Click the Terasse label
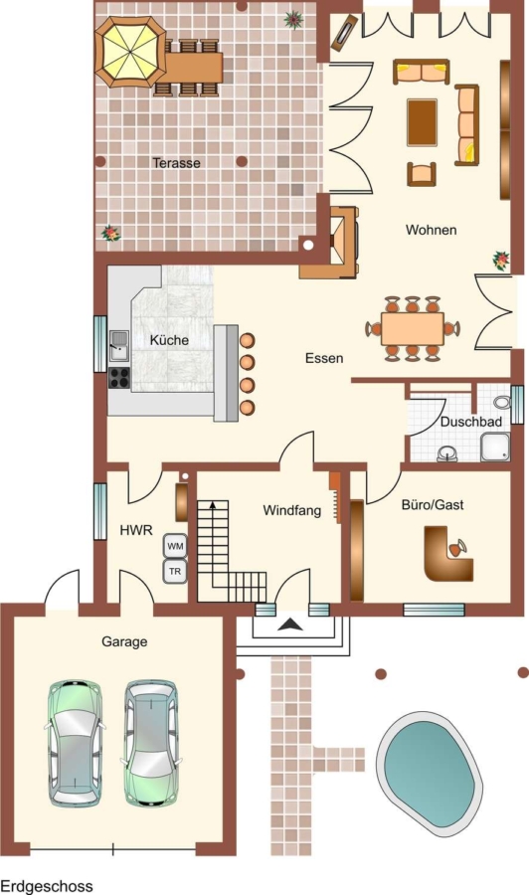[x=176, y=163]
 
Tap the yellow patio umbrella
[x=130, y=53]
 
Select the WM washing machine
[x=175, y=546]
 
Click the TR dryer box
[x=175, y=572]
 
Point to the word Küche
[x=169, y=340]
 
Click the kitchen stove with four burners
[x=119, y=378]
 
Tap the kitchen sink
[x=119, y=346]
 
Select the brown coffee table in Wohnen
[x=423, y=122]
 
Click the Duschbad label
[x=471, y=422]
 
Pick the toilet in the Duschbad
[x=502, y=402]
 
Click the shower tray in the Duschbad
[x=495, y=447]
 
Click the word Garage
[x=124, y=642]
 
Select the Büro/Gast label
[x=433, y=504]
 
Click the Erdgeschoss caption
[x=47, y=886]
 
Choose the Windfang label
[x=292, y=510]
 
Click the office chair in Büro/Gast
[x=457, y=548]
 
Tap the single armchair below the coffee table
[x=422, y=174]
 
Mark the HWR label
[x=136, y=530]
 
